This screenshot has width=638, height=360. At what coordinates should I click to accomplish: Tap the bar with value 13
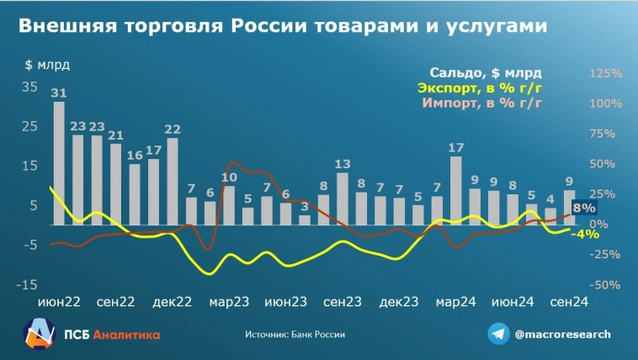click(x=343, y=199)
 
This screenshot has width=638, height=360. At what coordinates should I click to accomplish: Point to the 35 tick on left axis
click(x=29, y=87)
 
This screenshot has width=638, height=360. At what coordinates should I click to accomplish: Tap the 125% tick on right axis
click(x=605, y=74)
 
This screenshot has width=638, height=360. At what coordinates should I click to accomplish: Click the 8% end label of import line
click(x=584, y=209)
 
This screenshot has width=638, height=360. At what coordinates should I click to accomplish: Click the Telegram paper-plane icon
click(x=498, y=334)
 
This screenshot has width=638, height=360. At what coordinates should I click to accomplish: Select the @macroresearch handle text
click(x=562, y=334)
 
